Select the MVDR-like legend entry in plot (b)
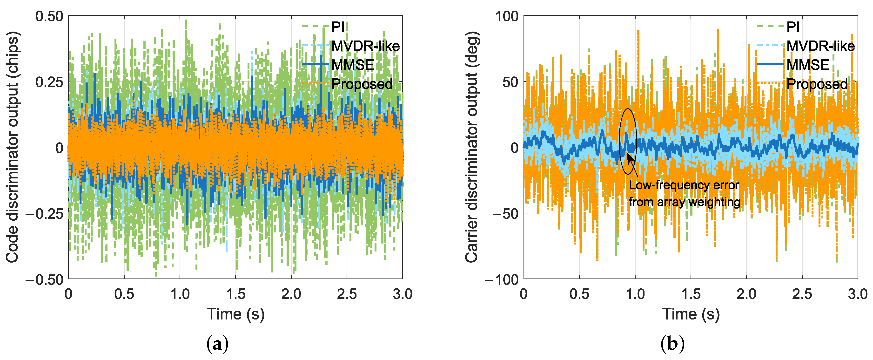pos(820,46)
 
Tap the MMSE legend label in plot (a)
pos(352,65)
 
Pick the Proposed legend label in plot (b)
pos(817,84)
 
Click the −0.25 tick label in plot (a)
pos(44,214)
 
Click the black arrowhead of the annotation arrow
pos(630,158)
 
